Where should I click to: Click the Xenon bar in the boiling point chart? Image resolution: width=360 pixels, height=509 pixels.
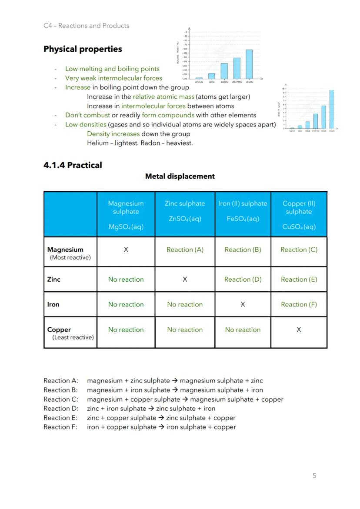pos(249,64)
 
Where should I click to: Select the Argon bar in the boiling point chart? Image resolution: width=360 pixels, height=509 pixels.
pos(224,70)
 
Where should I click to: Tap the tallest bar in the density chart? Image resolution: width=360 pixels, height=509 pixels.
pos(331,109)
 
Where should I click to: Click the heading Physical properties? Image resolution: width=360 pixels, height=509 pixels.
pos(83,49)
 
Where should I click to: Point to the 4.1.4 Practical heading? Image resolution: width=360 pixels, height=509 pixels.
pos(73,165)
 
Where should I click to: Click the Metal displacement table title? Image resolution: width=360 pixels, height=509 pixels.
pos(180,176)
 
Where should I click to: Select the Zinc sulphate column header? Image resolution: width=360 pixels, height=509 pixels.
pos(185,211)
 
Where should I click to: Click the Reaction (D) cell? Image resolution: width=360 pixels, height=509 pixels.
pos(243,279)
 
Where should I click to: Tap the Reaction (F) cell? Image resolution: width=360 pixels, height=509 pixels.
pos(299,305)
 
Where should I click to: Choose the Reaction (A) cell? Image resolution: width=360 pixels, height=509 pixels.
pos(185,250)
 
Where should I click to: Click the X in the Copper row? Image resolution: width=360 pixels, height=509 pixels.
pos(299,330)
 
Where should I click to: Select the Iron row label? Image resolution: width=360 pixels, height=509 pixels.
pos(53,305)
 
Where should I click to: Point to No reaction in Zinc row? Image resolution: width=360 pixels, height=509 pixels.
pos(126,279)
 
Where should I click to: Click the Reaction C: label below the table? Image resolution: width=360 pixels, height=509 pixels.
pos(61,399)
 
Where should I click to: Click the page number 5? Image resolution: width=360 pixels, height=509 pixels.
pos(314,476)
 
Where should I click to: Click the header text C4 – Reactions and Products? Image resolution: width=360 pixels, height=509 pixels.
pos(86,26)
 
